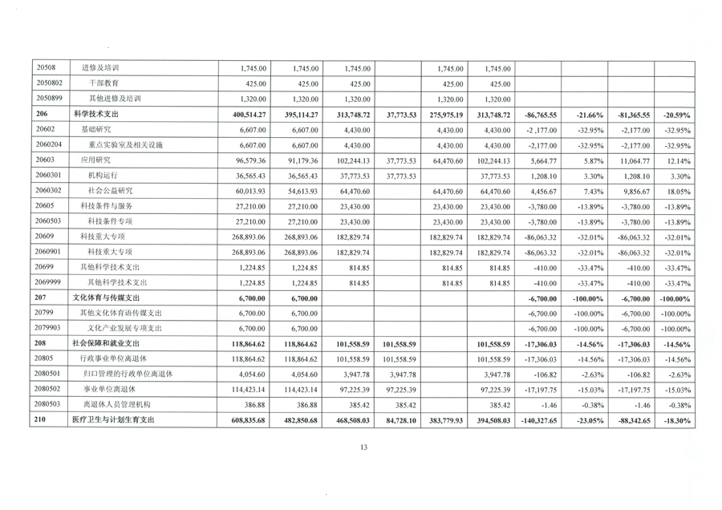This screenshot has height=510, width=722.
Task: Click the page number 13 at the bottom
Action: point(363,447)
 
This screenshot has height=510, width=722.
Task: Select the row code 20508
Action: point(46,68)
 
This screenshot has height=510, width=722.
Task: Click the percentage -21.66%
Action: point(590,115)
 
